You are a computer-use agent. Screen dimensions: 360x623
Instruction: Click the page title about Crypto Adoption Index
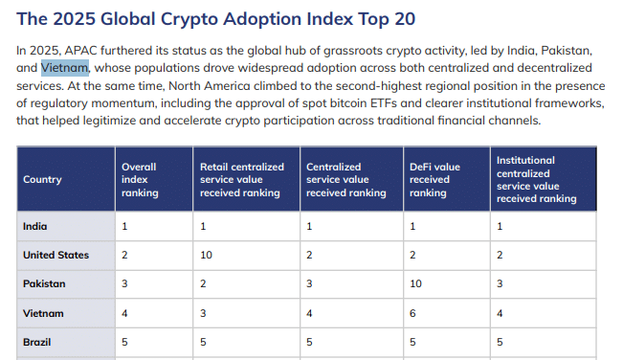[216, 18]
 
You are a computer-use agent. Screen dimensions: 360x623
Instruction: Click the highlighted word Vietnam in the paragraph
[65, 68]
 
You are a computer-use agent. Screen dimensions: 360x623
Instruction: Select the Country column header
[42, 179]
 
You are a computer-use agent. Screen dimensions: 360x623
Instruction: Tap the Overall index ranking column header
[140, 179]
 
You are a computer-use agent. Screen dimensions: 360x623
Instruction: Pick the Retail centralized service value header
[241, 179]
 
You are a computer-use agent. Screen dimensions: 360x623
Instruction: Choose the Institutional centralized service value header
[537, 179]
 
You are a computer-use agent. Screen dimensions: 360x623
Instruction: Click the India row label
[35, 226]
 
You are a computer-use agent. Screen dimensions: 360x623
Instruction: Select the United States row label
[56, 255]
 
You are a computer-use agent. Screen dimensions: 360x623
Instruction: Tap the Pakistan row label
[44, 283]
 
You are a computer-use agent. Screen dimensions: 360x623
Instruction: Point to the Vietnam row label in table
[44, 312]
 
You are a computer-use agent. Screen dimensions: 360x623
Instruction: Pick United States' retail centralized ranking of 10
[206, 255]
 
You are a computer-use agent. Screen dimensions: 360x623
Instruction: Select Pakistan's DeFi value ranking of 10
[416, 283]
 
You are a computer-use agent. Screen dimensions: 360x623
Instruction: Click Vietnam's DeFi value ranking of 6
[413, 312]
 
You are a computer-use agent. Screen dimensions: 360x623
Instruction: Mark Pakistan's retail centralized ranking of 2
[203, 283]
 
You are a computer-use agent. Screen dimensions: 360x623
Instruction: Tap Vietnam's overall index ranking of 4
[125, 312]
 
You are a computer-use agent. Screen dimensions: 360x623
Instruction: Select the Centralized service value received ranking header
[345, 179]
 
